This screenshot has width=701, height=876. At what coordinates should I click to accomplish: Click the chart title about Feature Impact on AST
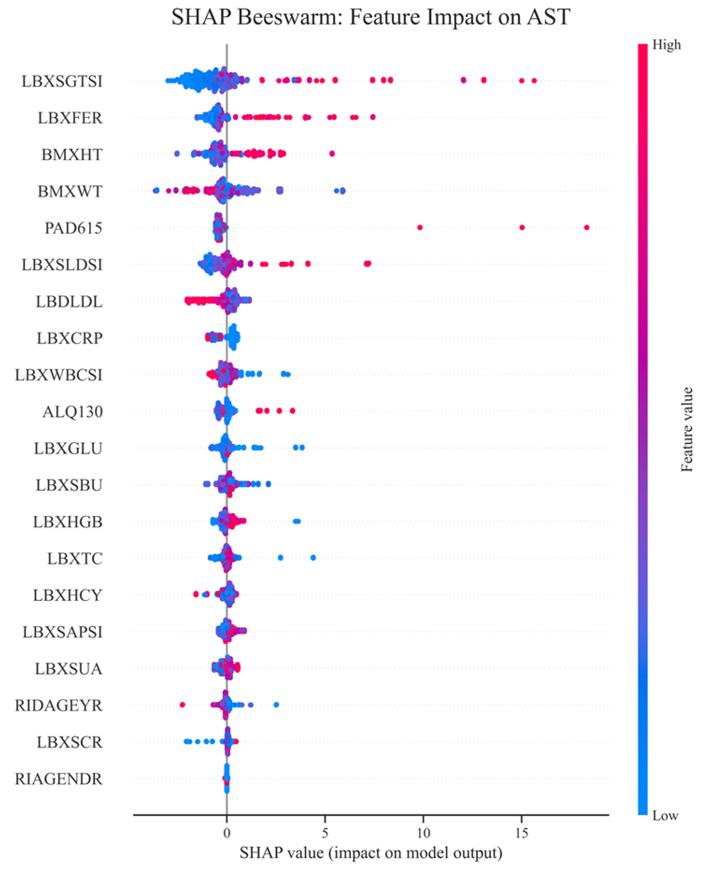point(370,17)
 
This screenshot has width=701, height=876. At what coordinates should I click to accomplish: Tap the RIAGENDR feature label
point(59,779)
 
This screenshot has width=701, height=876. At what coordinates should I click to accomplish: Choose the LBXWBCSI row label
point(59,375)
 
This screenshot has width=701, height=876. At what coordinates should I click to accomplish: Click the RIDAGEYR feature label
point(59,705)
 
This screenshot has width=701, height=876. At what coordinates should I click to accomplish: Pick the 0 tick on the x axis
point(227,833)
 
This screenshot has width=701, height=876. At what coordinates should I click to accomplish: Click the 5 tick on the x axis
point(325,833)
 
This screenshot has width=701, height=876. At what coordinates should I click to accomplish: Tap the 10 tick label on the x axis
point(423,833)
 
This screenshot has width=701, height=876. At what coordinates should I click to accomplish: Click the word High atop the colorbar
point(666,45)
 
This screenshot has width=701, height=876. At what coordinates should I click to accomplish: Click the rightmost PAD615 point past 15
point(587,227)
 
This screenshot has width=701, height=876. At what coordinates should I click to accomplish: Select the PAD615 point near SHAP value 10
point(420,227)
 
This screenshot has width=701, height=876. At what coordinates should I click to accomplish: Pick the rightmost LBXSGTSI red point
point(534,80)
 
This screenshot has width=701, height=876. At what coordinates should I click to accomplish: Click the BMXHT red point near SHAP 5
point(332,153)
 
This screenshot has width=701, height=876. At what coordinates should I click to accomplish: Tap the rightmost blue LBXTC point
point(313,557)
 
